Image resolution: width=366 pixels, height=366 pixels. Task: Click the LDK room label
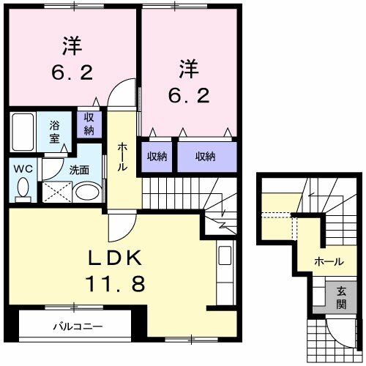tap(115, 258)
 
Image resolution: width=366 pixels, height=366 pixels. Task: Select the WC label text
tap(23, 169)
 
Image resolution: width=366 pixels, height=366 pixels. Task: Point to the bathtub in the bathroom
tap(23, 132)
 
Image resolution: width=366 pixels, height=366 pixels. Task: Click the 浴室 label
tap(54, 132)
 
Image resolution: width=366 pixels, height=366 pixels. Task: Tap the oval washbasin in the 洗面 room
tap(89, 192)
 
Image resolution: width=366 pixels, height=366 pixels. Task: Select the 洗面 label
tap(79, 170)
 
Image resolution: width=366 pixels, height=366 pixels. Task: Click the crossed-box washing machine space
tap(57, 192)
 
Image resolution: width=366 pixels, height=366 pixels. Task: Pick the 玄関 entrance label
tap(341, 298)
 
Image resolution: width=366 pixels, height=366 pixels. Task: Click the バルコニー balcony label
tap(78, 326)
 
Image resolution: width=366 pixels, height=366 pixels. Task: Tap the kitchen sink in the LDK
tap(225, 255)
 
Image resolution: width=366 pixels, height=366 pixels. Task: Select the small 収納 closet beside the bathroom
tap(89, 124)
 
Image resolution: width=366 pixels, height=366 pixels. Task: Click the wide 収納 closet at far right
tap(207, 157)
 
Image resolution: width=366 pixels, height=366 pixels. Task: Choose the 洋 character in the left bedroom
tap(72, 45)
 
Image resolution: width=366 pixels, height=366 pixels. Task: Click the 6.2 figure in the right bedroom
tap(189, 95)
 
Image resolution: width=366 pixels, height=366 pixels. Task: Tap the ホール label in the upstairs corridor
tap(122, 157)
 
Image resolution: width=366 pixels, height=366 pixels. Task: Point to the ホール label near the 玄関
tap(329, 262)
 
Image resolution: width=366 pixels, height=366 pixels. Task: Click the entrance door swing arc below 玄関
tap(335, 337)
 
